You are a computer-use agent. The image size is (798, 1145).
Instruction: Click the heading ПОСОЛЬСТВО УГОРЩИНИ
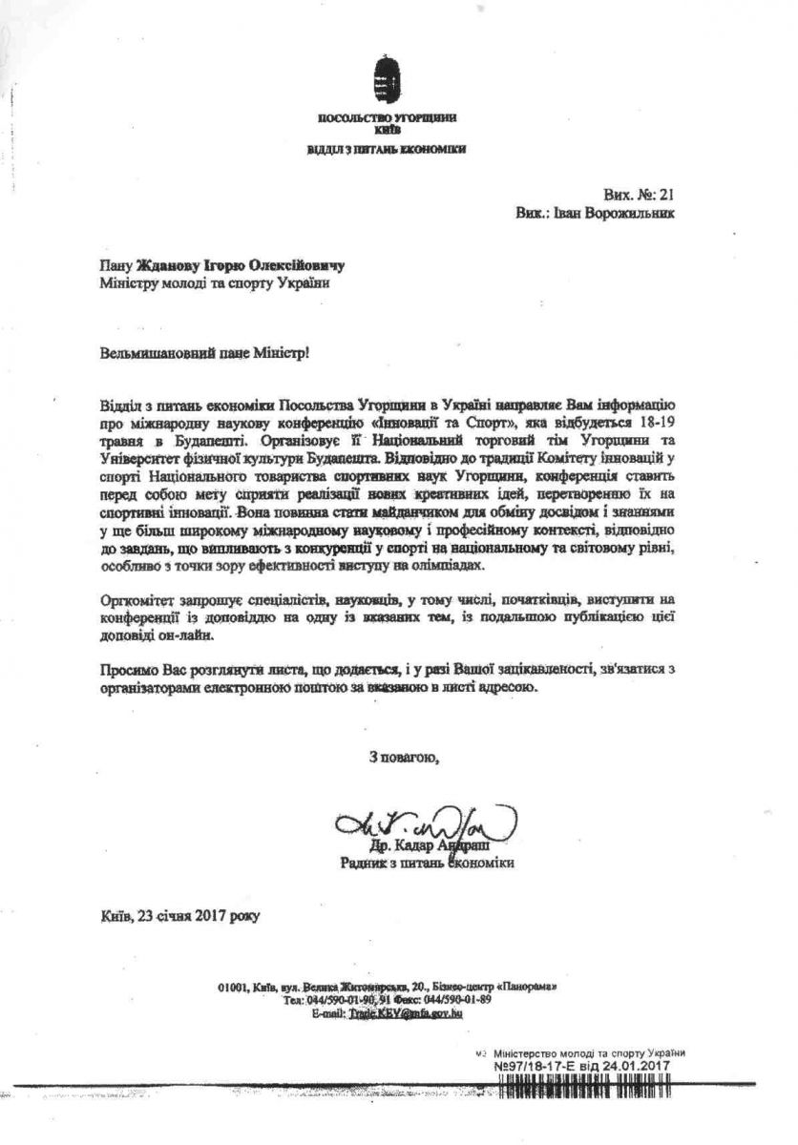pos(388,116)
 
